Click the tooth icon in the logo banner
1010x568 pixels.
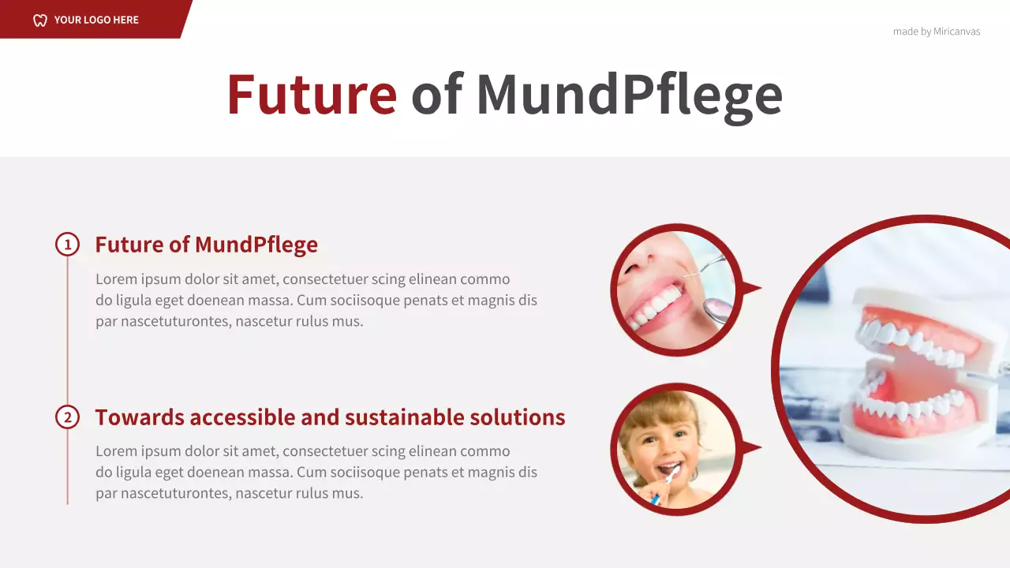[x=40, y=20]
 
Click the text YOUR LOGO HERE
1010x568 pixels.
[x=96, y=20]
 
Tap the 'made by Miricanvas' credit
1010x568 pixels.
[x=937, y=32]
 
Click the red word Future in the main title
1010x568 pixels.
[x=312, y=95]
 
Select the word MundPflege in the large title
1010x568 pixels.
[x=629, y=95]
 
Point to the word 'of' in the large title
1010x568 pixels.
[x=436, y=95]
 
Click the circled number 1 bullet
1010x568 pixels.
[x=67, y=245]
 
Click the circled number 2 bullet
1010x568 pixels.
[x=67, y=417]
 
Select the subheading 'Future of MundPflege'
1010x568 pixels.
[x=206, y=245]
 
